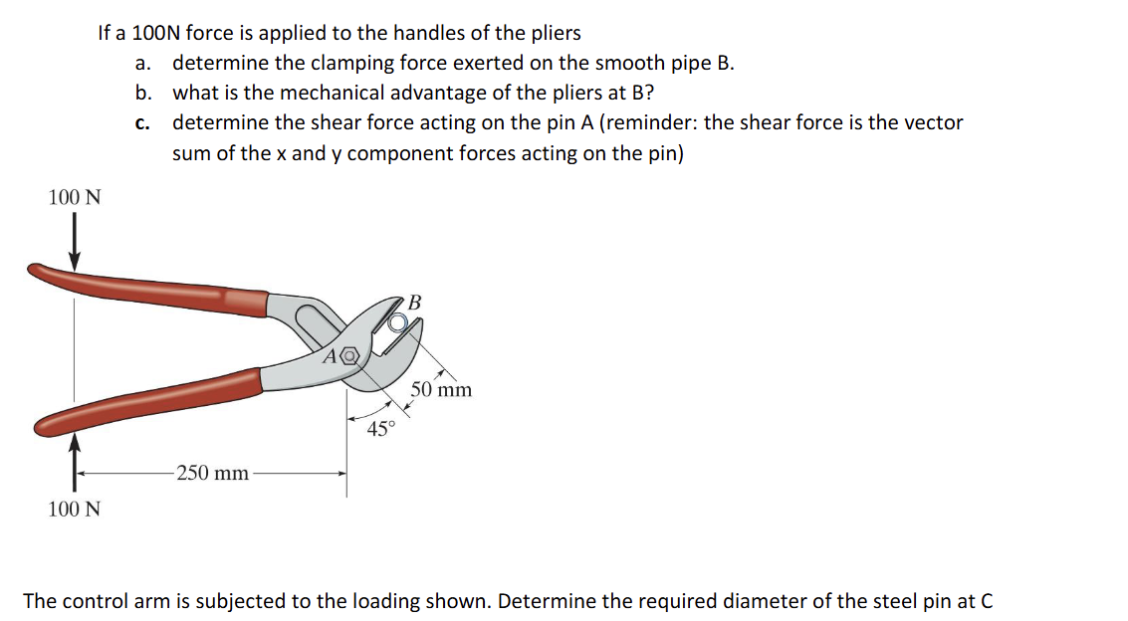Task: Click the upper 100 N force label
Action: (75, 197)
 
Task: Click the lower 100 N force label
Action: (75, 510)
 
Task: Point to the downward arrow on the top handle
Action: (75, 244)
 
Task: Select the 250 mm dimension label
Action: (212, 473)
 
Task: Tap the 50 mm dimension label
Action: (441, 389)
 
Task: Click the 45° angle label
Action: (381, 430)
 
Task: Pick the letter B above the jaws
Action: (415, 301)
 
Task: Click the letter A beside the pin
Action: (330, 354)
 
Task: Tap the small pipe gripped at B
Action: (398, 321)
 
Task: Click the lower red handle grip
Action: (149, 402)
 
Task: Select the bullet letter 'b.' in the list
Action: (143, 94)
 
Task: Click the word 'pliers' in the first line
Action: (555, 33)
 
